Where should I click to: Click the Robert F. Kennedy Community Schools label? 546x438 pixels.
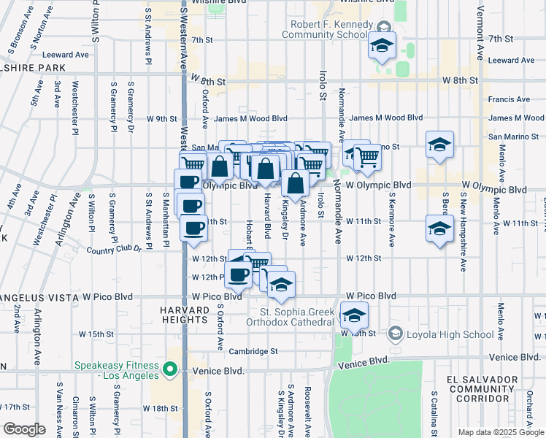click(325, 29)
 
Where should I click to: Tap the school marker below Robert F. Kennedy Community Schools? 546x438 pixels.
click(382, 46)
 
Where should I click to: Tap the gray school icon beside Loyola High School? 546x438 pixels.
click(395, 334)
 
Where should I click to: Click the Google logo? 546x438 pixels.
click(23, 429)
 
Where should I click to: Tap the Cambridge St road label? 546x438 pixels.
click(253, 351)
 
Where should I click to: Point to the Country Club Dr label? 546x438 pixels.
click(114, 250)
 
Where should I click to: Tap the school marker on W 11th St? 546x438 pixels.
click(439, 229)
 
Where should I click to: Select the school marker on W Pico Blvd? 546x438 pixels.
click(280, 285)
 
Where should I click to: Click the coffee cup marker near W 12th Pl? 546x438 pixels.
click(239, 274)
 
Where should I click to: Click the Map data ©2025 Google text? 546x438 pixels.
click(500, 432)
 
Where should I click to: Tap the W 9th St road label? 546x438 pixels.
click(162, 118)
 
